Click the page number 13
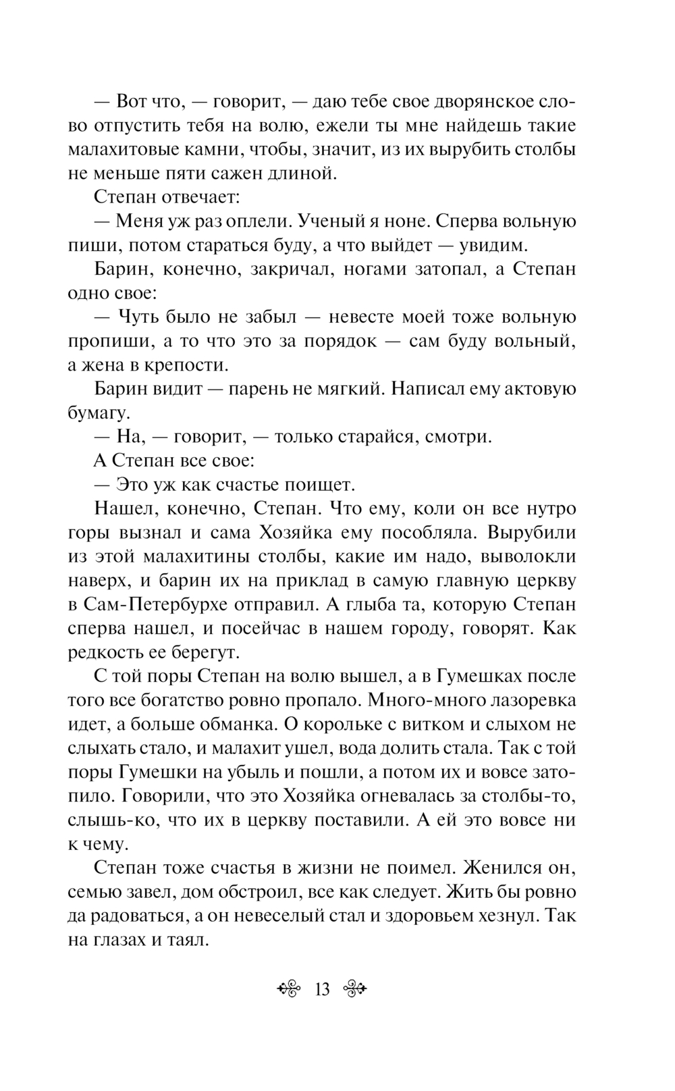pyautogui.click(x=322, y=990)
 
